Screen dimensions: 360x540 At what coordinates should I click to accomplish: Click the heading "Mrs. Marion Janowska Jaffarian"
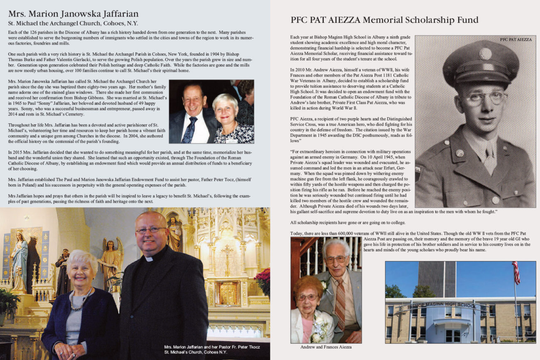pyautogui.click(x=73, y=14)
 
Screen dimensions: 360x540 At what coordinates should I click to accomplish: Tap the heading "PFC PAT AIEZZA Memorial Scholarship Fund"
pyautogui.click(x=384, y=20)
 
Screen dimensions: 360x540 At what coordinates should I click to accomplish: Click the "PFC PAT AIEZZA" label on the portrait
pyautogui.click(x=515, y=39)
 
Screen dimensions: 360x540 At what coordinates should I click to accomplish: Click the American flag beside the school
pyautogui.click(x=516, y=272)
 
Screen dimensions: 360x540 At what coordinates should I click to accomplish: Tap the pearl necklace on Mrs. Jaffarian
pyautogui.click(x=81, y=299)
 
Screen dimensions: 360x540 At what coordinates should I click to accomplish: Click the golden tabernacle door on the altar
pyautogui.click(x=227, y=293)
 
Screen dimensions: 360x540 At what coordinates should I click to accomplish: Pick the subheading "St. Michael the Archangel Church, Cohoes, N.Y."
pyautogui.click(x=73, y=24)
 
